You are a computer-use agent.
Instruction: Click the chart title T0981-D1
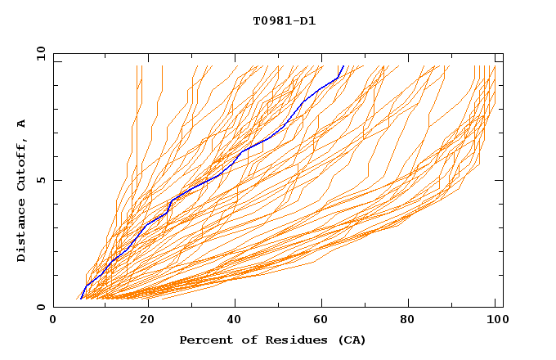pos(284,21)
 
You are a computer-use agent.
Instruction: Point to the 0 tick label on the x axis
pos(53,322)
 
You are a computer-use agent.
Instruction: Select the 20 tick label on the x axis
pos(146,322)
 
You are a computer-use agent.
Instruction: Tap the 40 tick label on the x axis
pos(235,322)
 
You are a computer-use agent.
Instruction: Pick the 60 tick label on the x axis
pos(324,322)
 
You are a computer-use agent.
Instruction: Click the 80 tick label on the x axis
pos(412,322)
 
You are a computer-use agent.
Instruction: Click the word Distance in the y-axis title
pos(21,233)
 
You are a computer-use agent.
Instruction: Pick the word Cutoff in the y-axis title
pos(21,164)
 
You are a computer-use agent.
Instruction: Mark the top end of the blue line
pos(342,66)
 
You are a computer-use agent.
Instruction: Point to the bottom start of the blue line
pos(81,299)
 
